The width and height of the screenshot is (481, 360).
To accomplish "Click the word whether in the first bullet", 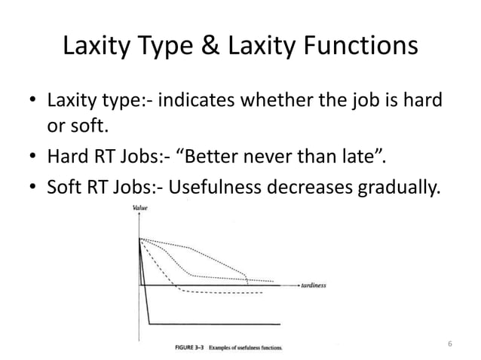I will coord(279,100).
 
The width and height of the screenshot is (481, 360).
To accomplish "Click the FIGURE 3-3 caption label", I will coord(185,349).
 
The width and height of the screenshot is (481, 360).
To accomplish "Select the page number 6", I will coord(449,344).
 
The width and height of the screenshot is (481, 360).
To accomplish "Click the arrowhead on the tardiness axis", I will coord(295,286).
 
